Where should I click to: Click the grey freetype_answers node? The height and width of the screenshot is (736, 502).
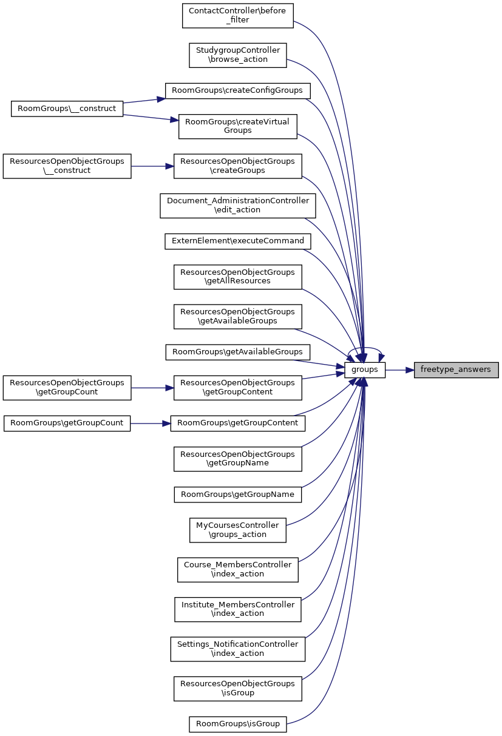point(456,370)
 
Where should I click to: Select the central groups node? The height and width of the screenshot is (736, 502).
point(365,370)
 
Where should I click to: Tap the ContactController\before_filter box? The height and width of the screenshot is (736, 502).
point(238,15)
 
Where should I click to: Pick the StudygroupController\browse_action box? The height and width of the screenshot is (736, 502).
point(238,55)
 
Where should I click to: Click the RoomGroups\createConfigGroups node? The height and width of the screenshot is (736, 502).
point(238,90)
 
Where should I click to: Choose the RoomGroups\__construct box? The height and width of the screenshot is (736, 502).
point(67,109)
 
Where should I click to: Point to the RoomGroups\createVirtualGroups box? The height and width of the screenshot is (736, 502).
point(238,126)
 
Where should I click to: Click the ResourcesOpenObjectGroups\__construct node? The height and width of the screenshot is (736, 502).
point(67,166)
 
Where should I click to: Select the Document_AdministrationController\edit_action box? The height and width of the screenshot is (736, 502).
point(238,205)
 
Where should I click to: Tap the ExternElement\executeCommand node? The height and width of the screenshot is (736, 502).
point(238,241)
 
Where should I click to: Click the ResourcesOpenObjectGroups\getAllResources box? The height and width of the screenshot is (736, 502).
point(238,277)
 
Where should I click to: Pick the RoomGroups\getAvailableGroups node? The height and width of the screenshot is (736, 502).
point(238,352)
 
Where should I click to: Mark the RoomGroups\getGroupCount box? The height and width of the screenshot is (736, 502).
point(67,423)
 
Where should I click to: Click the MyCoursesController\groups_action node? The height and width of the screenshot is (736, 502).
point(238,530)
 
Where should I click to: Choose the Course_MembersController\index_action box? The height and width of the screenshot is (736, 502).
point(238,569)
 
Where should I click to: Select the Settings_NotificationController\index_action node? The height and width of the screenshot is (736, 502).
point(238,649)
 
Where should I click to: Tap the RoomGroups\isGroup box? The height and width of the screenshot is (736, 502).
point(238,724)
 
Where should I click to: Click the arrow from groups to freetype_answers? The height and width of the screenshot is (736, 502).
point(399,370)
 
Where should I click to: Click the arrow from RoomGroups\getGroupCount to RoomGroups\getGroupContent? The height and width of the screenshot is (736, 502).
point(151,423)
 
